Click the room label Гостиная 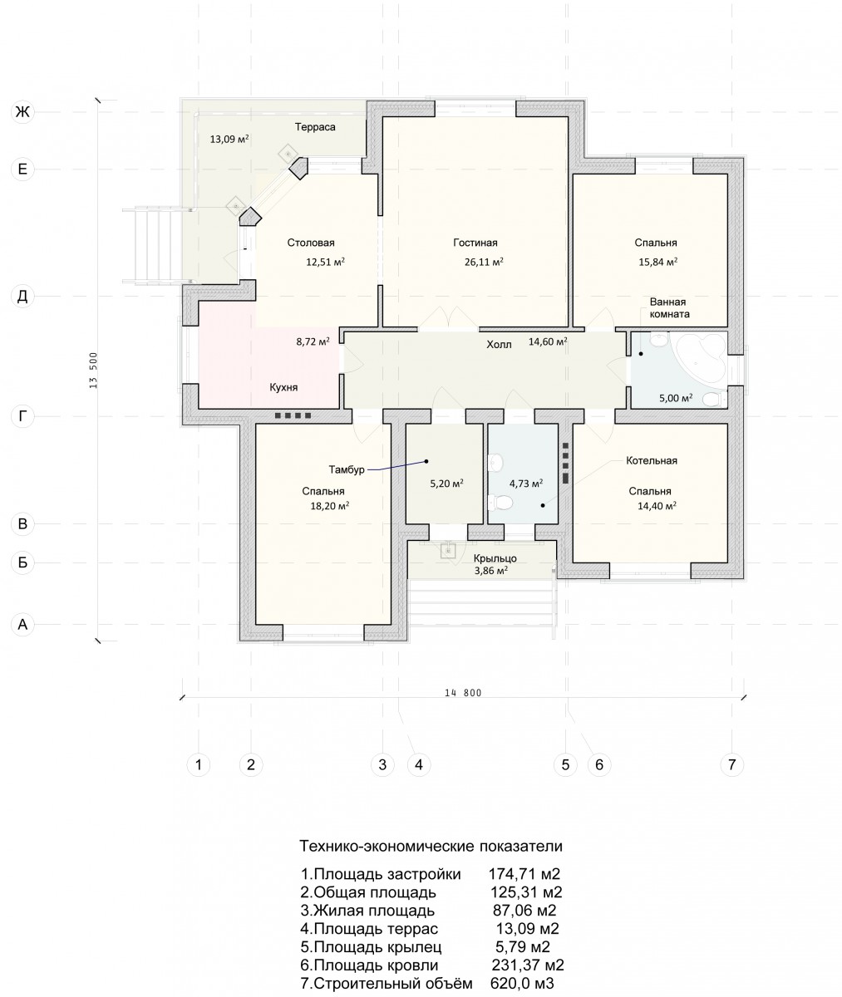475,243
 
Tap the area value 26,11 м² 484,262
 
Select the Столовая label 311,243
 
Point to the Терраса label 315,127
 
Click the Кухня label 283,387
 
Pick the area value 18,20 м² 330,506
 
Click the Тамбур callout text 347,470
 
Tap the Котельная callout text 652,461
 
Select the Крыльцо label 495,558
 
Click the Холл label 499,344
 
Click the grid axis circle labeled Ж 22,111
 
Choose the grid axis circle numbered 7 732,764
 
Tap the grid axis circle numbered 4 419,764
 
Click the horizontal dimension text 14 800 463,692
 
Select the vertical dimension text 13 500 93,370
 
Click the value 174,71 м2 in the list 524,874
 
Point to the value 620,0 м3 522,983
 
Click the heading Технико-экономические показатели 431,846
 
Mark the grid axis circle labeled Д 22,296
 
